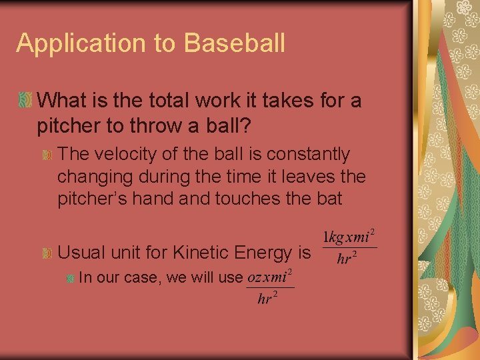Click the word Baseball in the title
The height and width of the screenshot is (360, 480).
[235, 43]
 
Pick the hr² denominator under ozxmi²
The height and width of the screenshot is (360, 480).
[267, 298]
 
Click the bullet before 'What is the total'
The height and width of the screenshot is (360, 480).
[25, 101]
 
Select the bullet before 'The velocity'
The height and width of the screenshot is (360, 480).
[47, 155]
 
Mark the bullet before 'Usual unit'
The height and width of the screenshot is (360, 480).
[47, 253]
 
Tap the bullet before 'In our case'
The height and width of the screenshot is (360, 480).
[69, 277]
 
